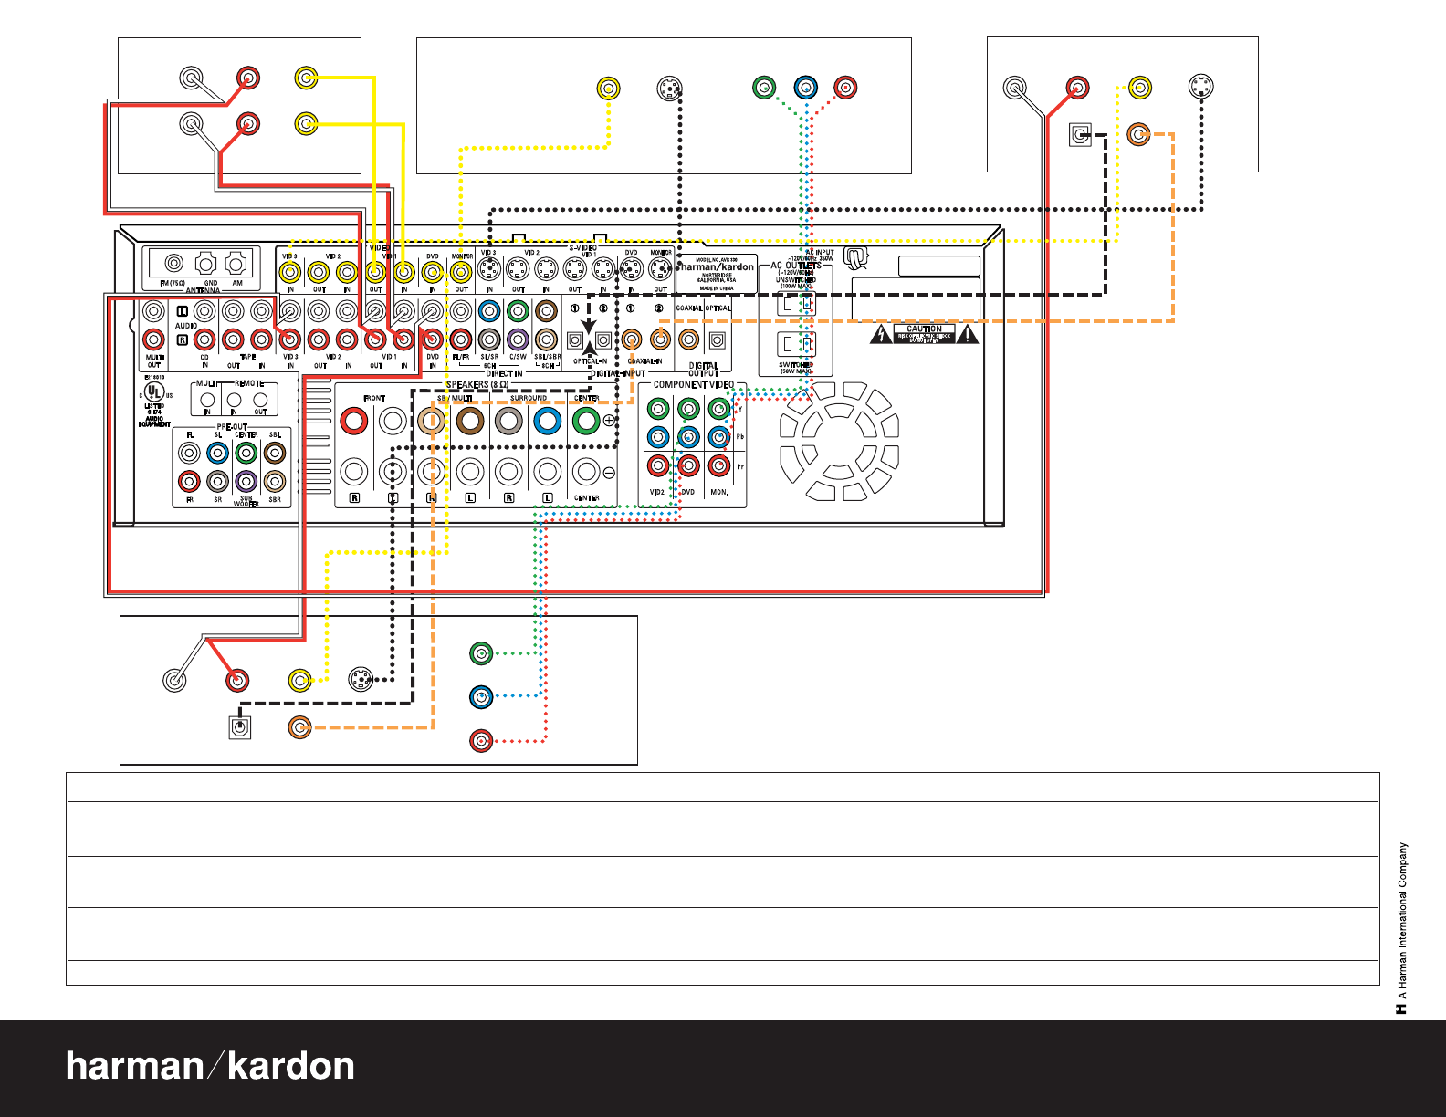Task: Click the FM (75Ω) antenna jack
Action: [173, 264]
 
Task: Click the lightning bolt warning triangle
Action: [881, 334]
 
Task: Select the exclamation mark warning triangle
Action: [967, 334]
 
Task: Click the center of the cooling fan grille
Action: [839, 441]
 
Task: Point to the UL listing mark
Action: [154, 393]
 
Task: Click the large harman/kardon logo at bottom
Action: [210, 1066]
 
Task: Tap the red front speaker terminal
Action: [353, 421]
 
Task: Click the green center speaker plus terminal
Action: [585, 421]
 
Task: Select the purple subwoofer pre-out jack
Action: [246, 481]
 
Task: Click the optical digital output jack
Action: [718, 340]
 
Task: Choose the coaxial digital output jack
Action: [689, 340]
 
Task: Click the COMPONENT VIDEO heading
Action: [693, 385]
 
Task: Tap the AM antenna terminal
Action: [236, 264]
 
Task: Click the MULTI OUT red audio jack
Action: [154, 339]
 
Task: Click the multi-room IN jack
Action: [207, 400]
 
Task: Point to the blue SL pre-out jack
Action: [217, 453]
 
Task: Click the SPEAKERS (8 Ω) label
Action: [477, 385]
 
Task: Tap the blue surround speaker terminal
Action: [547, 421]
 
